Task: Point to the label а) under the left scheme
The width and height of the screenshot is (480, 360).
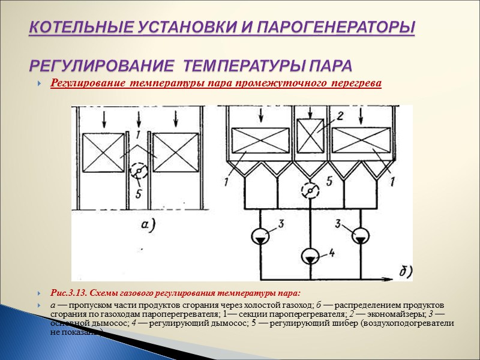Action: [145, 226]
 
